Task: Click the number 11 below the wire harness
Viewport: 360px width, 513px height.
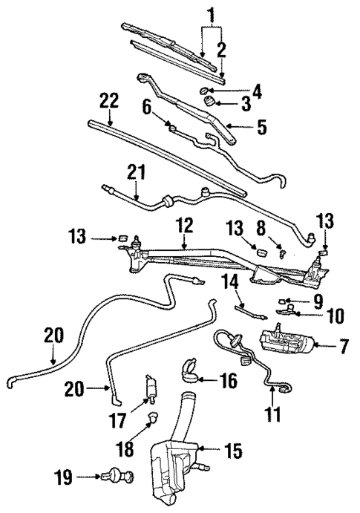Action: pos(273,413)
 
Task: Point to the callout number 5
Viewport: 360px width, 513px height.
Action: pos(261,128)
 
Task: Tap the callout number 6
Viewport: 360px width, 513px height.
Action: pos(147,108)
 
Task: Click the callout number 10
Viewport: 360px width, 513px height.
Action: pos(336,315)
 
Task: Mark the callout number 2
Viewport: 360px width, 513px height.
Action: pos(221,50)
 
